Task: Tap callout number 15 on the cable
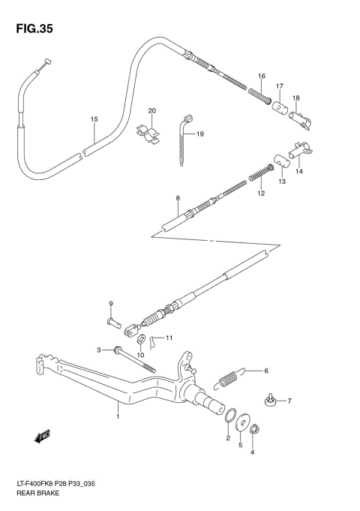click(94, 119)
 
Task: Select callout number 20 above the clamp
click(151, 112)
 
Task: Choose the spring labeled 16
click(257, 96)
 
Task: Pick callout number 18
click(295, 98)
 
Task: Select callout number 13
click(282, 182)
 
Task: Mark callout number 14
click(300, 172)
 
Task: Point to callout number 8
click(178, 198)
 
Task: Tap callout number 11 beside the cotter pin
click(169, 338)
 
